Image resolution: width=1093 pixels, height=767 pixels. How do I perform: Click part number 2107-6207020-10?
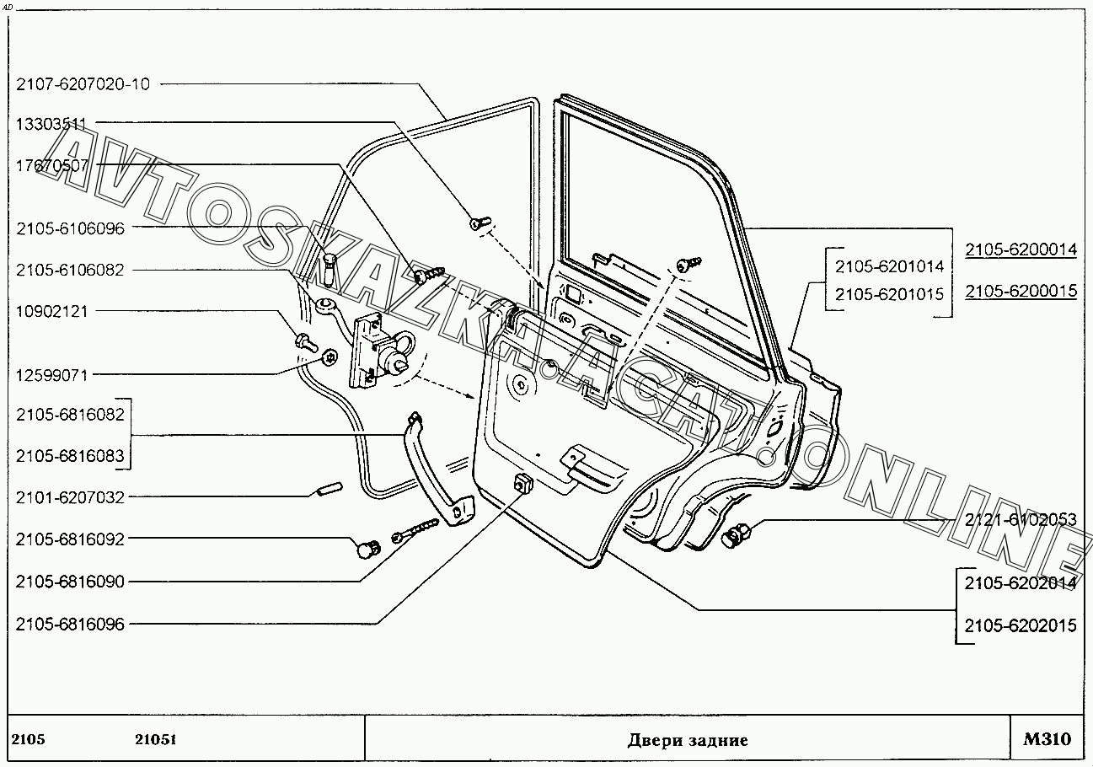pyautogui.click(x=83, y=83)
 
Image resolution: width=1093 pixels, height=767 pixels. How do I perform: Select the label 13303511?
pyautogui.click(x=51, y=124)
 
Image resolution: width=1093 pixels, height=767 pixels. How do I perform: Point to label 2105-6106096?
pyautogui.click(x=70, y=228)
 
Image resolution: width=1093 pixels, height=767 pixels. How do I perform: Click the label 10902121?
pyautogui.click(x=51, y=311)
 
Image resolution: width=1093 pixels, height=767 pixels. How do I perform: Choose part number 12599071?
pyautogui.click(x=51, y=375)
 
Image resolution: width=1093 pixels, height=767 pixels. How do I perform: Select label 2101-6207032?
pyautogui.click(x=70, y=498)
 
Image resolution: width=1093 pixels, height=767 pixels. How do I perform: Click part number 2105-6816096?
pyautogui.click(x=70, y=625)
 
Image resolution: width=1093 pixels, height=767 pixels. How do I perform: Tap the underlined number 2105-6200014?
pyautogui.click(x=1021, y=249)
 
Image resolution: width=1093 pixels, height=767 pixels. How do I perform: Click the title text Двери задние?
pyautogui.click(x=688, y=741)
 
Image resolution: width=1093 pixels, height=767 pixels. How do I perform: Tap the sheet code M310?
pyautogui.click(x=1047, y=740)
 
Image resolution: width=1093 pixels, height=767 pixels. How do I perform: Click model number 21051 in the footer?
pyautogui.click(x=155, y=740)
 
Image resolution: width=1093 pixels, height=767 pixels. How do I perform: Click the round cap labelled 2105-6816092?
pyautogui.click(x=367, y=550)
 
